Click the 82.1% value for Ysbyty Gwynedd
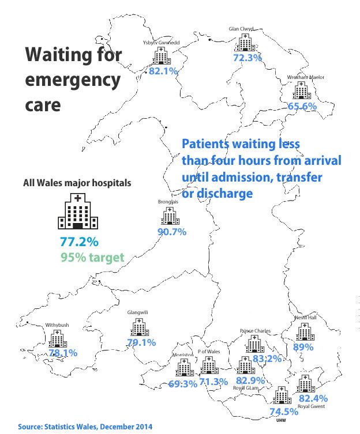tap(163, 71)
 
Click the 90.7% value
tap(171, 232)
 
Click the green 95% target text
tap(92, 257)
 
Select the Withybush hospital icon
tap(57, 339)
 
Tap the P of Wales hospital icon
tap(209, 365)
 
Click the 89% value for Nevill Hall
tap(303, 347)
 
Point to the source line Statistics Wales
tap(85, 427)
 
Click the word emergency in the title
tap(72, 81)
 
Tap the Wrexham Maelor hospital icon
tap(300, 90)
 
